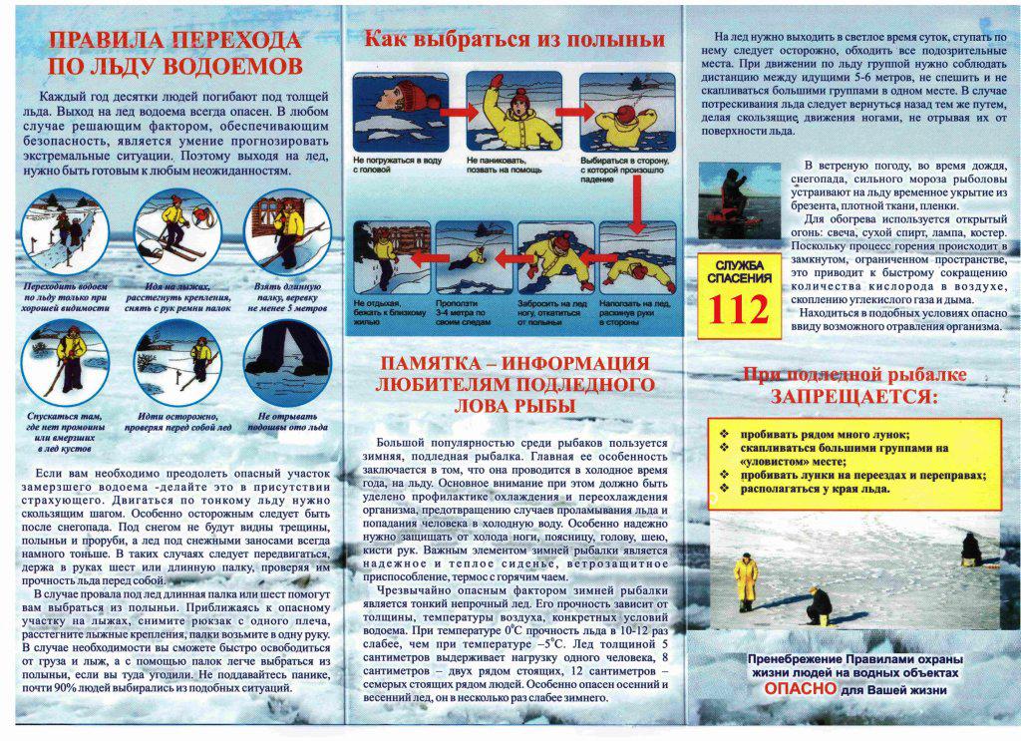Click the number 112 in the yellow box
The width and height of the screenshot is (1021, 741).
pyautogui.click(x=739, y=310)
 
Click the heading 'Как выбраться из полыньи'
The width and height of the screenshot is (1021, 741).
pyautogui.click(x=513, y=40)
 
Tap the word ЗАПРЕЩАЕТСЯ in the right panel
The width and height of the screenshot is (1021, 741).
pyautogui.click(x=852, y=397)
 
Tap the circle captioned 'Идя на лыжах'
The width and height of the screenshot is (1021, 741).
pyautogui.click(x=176, y=232)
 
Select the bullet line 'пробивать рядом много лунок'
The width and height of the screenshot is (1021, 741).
pyautogui.click(x=825, y=434)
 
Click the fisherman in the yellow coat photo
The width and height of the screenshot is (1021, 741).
pyautogui.click(x=745, y=580)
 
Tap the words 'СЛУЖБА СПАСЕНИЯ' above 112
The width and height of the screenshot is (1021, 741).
pyautogui.click(x=739, y=269)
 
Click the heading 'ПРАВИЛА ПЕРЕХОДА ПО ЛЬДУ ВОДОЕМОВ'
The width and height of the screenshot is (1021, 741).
pyautogui.click(x=174, y=53)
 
